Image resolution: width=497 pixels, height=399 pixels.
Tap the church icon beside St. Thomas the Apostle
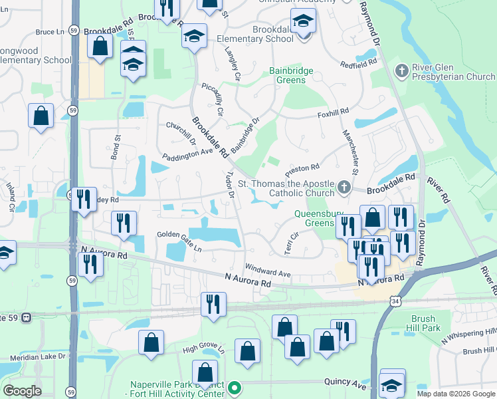coord(344,188)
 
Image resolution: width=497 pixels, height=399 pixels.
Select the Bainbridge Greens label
coord(296,75)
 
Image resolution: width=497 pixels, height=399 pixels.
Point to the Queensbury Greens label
coord(315,219)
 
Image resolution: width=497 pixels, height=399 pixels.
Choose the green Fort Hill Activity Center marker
coord(234,387)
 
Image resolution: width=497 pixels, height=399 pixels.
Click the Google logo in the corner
coord(22,390)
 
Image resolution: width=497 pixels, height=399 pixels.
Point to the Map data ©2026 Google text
coord(456,394)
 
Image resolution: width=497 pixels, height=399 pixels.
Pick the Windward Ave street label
coord(268,273)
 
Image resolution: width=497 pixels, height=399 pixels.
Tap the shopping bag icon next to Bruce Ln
coord(100,47)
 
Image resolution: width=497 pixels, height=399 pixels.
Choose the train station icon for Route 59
coord(27,317)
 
